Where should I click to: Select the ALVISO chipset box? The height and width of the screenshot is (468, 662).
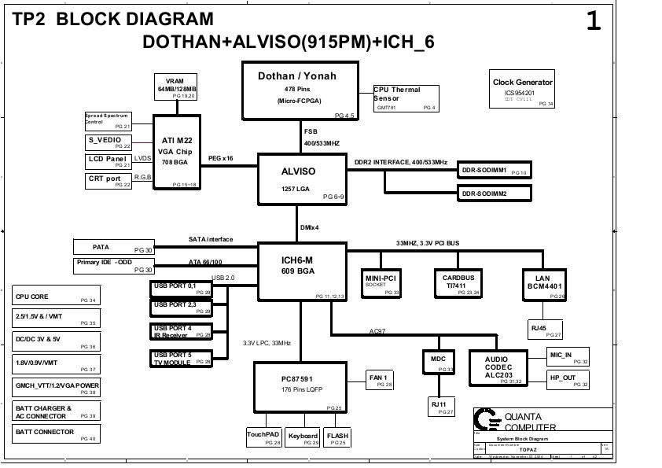tap(302, 179)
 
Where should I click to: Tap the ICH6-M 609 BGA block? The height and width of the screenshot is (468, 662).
tap(302, 271)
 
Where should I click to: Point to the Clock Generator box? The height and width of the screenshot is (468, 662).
tap(522, 91)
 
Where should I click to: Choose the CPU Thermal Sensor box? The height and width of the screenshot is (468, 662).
tap(406, 99)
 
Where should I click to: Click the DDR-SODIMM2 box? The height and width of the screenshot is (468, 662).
tap(494, 193)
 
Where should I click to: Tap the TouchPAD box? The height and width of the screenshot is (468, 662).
tap(263, 438)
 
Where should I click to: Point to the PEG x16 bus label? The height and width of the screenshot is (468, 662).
tap(220, 158)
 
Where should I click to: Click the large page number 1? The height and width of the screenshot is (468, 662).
tap(593, 22)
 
